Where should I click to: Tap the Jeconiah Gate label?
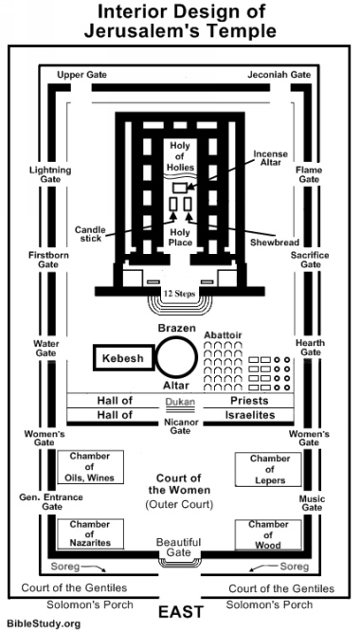pyautogui.click(x=278, y=73)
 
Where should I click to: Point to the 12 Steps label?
pyautogui.click(x=180, y=294)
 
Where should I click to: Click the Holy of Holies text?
pyautogui.click(x=180, y=151)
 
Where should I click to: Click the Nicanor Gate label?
pyautogui.click(x=180, y=424)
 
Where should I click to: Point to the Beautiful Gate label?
pyautogui.click(x=180, y=547)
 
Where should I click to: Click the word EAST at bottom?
pyautogui.click(x=180, y=611)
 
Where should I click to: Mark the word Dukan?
pyautogui.click(x=180, y=402)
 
